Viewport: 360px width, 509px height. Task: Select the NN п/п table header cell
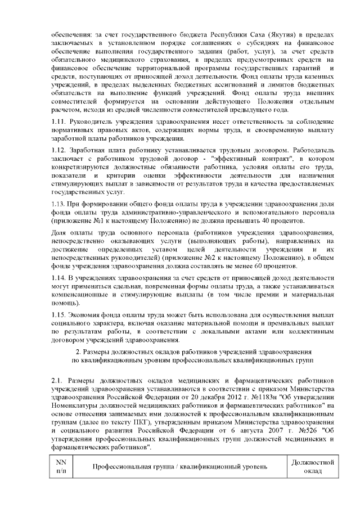tap(61, 466)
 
